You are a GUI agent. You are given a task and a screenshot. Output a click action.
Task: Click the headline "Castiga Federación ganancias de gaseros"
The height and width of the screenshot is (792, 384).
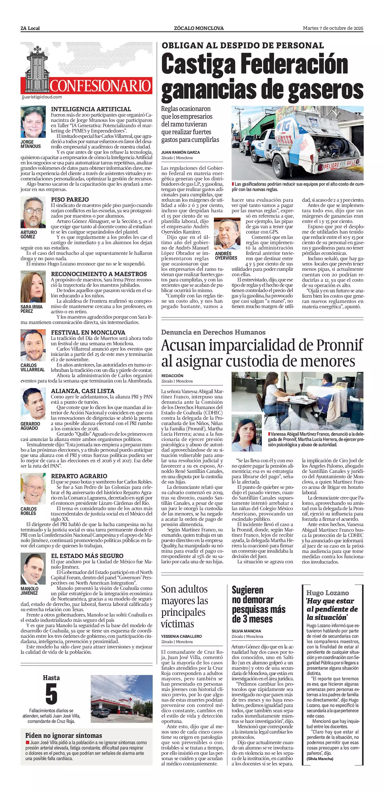262,77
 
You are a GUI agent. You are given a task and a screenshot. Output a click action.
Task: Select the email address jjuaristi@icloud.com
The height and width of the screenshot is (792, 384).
42,97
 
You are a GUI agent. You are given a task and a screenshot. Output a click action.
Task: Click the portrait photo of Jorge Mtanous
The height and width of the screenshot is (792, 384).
33,122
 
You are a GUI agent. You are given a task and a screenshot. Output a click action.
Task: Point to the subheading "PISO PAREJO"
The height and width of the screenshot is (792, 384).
70,199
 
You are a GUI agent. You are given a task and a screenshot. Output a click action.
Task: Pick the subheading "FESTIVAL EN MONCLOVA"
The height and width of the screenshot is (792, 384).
88,332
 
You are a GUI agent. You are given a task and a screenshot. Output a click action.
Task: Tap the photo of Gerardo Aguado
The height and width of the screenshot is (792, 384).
33,404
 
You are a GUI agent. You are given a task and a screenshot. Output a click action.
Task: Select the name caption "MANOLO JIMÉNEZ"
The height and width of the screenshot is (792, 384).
30,591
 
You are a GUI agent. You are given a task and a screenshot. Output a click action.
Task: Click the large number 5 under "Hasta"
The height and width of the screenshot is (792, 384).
51,694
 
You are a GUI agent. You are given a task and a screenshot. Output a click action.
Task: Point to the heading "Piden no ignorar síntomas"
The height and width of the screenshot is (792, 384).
64,735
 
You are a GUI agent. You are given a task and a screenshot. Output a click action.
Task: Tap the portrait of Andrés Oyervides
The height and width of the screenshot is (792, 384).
227,234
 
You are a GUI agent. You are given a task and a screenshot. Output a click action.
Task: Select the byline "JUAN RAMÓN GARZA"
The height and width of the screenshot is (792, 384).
180,152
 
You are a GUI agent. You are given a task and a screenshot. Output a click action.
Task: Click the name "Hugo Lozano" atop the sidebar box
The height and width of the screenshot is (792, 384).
327,593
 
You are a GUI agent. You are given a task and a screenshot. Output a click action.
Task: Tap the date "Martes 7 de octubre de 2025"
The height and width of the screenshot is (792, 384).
333,28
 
